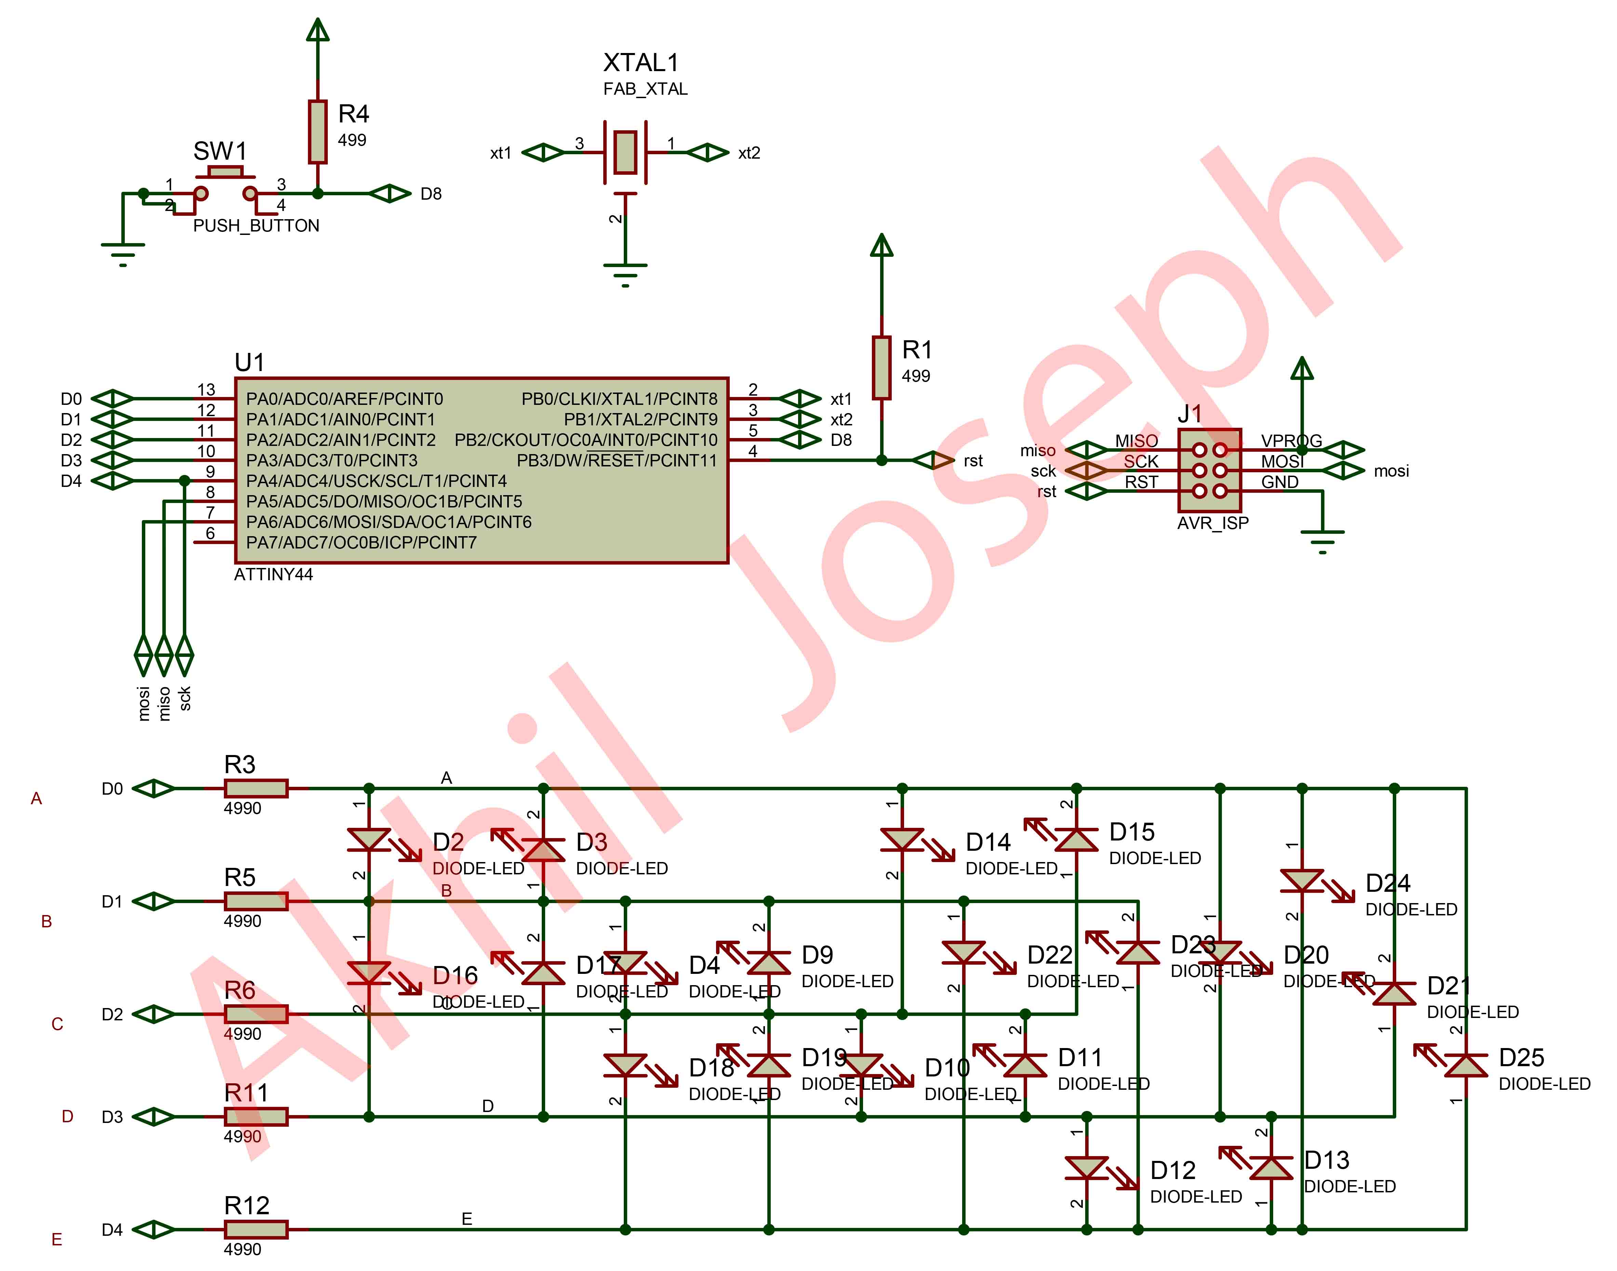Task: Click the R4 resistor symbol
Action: tap(318, 132)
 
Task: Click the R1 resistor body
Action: tap(881, 368)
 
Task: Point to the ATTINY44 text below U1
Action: tap(273, 574)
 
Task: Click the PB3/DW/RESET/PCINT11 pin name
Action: tap(617, 461)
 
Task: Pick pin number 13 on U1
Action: tap(206, 390)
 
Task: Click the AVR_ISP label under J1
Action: tap(1212, 523)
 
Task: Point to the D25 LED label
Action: tap(1521, 1057)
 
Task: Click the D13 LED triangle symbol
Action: tap(1271, 1168)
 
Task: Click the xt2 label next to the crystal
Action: tap(749, 153)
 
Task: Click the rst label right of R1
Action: tap(973, 461)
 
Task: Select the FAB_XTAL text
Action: tap(645, 89)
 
